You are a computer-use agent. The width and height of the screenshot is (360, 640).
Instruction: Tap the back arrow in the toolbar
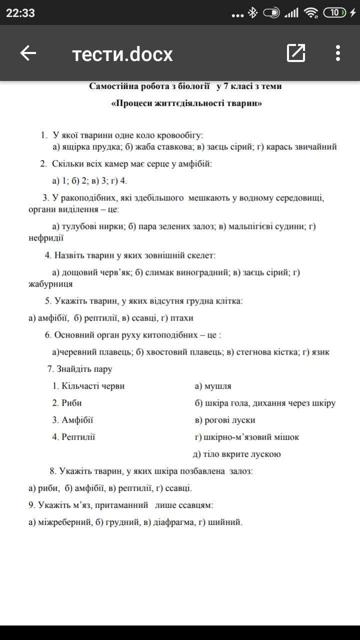(28, 53)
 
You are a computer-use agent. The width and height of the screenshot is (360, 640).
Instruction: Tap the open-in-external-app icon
(296, 53)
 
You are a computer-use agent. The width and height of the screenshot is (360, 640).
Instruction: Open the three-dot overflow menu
(338, 53)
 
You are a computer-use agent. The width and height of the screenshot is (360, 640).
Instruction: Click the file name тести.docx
(122, 54)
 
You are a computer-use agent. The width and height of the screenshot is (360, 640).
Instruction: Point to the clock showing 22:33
(20, 13)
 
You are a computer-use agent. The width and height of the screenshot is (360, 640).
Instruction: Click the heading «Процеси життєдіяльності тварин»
(185, 104)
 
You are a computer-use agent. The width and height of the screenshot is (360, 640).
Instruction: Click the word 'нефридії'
(46, 238)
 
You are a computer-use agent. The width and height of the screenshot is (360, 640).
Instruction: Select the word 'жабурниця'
(50, 284)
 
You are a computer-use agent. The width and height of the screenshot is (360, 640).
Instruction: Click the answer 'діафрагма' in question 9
(174, 522)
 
